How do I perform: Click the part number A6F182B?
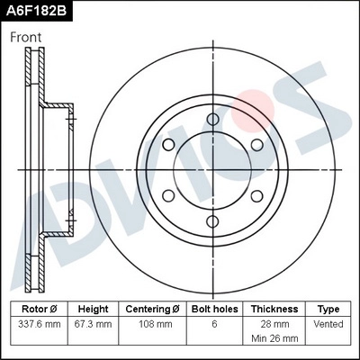[38, 12]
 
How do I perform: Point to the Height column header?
[93, 308]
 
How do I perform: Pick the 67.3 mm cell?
[93, 323]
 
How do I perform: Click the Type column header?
[329, 308]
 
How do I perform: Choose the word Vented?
[329, 323]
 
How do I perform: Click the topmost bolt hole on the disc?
[212, 120]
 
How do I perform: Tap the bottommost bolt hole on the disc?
[212, 220]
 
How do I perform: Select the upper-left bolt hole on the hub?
[168, 145]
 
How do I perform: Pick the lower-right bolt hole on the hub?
[256, 195]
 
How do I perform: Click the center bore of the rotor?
[212, 170]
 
